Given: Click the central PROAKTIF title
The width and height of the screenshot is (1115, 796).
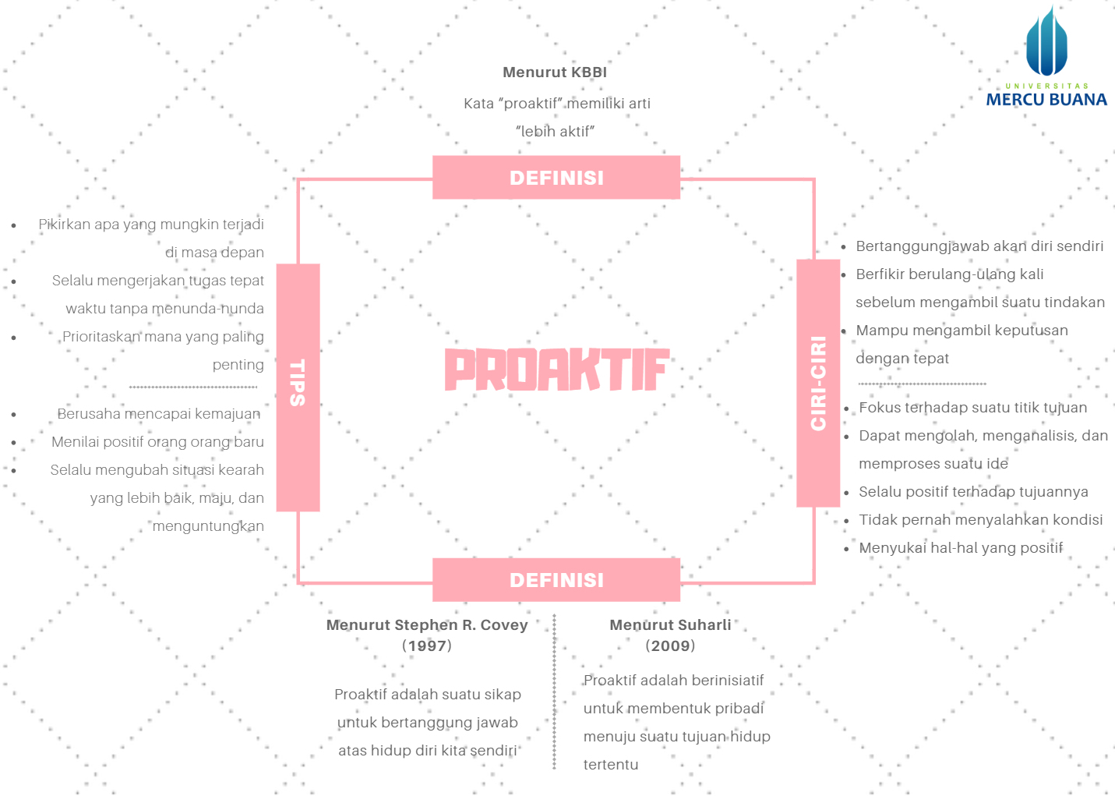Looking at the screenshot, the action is tap(556, 370).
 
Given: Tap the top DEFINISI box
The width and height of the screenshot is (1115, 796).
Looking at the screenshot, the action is tap(556, 178).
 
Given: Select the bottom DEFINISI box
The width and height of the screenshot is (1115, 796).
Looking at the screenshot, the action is tap(556, 580).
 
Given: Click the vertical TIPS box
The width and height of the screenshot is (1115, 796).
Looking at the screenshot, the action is tap(298, 387).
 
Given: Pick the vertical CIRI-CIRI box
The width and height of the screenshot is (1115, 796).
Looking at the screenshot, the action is tap(818, 383).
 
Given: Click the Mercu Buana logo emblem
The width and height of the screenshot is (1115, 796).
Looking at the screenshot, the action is tap(1046, 44).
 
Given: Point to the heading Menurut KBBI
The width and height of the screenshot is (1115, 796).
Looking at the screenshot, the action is tap(555, 73).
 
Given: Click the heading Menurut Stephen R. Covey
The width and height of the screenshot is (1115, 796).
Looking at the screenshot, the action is tap(427, 625).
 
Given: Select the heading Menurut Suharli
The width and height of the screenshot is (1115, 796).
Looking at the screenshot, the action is tap(670, 625).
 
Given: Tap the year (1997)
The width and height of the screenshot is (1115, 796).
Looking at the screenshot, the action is tap(427, 646).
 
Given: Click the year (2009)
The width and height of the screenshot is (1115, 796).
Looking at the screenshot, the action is tap(670, 646).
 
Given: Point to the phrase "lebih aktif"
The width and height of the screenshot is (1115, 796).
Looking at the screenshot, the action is tap(555, 132).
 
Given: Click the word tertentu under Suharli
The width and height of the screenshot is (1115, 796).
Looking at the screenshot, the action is tap(611, 765).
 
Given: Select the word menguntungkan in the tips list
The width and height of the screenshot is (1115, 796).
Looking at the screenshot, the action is tap(208, 526).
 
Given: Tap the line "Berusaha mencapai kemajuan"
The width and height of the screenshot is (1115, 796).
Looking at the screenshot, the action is tap(159, 414).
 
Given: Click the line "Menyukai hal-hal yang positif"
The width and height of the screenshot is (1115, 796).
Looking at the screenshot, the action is tap(961, 548).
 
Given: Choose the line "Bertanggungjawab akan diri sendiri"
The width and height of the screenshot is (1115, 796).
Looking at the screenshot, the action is tap(979, 246).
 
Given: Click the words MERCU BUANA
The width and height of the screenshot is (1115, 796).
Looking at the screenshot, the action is tap(1046, 100).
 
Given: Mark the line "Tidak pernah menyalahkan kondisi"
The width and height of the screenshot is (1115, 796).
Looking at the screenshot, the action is tap(980, 520).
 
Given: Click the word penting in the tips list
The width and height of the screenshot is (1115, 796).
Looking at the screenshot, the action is tap(238, 365).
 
